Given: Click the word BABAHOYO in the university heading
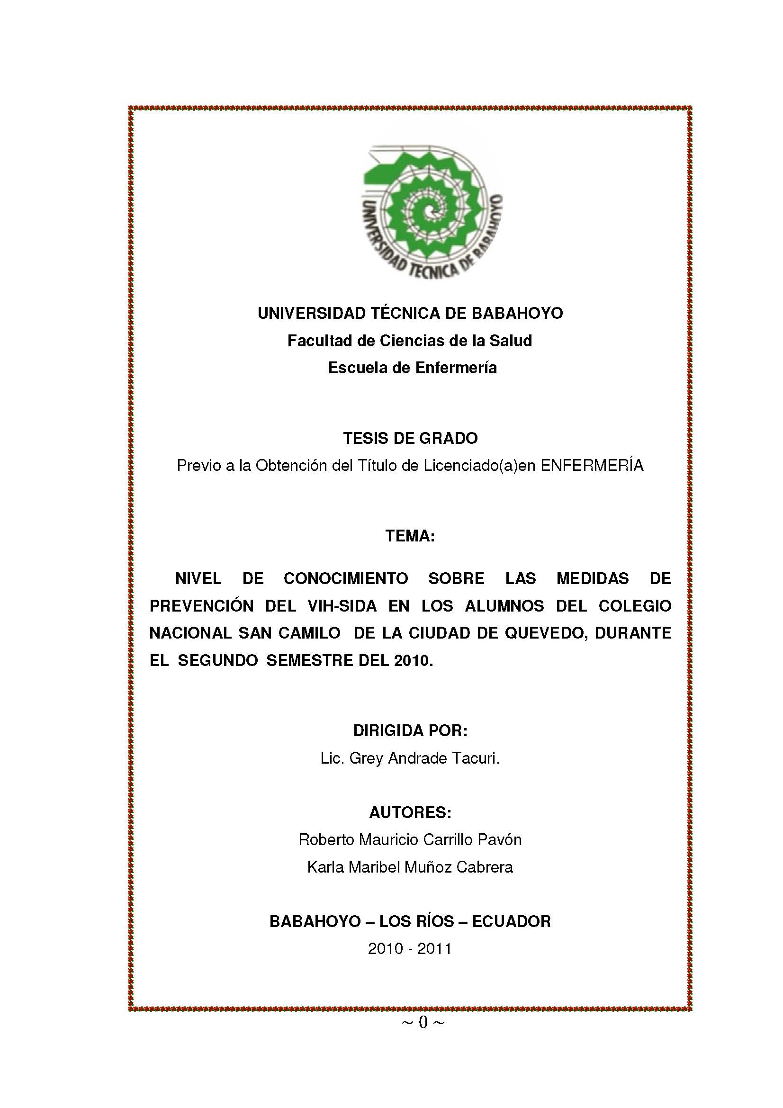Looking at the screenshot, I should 517,313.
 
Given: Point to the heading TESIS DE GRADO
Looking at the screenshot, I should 410,438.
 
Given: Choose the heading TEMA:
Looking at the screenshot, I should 410,536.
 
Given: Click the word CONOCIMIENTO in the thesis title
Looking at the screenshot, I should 345,578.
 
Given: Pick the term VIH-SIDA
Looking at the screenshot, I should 342,606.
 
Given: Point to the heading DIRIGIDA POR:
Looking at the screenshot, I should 410,730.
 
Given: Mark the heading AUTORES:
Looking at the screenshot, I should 410,813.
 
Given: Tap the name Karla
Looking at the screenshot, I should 325,867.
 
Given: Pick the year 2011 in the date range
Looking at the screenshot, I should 434,949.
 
